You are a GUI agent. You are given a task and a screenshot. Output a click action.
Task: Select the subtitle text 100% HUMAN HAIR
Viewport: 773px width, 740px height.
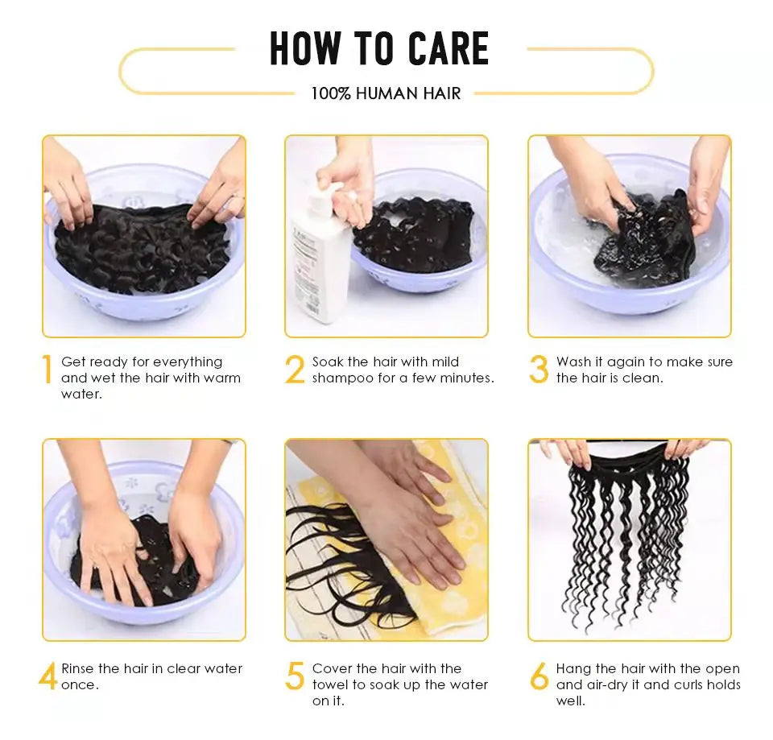[386, 93]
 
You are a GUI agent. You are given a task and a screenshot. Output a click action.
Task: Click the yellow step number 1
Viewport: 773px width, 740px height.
[48, 369]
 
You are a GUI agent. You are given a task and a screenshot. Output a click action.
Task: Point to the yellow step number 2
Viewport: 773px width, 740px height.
[295, 370]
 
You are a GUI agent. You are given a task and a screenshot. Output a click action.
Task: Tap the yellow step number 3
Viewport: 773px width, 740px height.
[539, 370]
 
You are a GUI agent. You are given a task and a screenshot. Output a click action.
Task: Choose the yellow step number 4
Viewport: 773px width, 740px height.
[48, 676]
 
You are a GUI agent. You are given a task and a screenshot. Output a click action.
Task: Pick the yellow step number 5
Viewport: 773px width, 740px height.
[295, 676]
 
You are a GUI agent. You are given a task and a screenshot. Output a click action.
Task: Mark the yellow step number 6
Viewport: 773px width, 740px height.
[539, 676]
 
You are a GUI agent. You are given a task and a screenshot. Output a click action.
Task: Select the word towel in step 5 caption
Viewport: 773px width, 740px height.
[329, 684]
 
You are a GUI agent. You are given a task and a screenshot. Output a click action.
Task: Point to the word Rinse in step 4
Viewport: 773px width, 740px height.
[77, 668]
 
